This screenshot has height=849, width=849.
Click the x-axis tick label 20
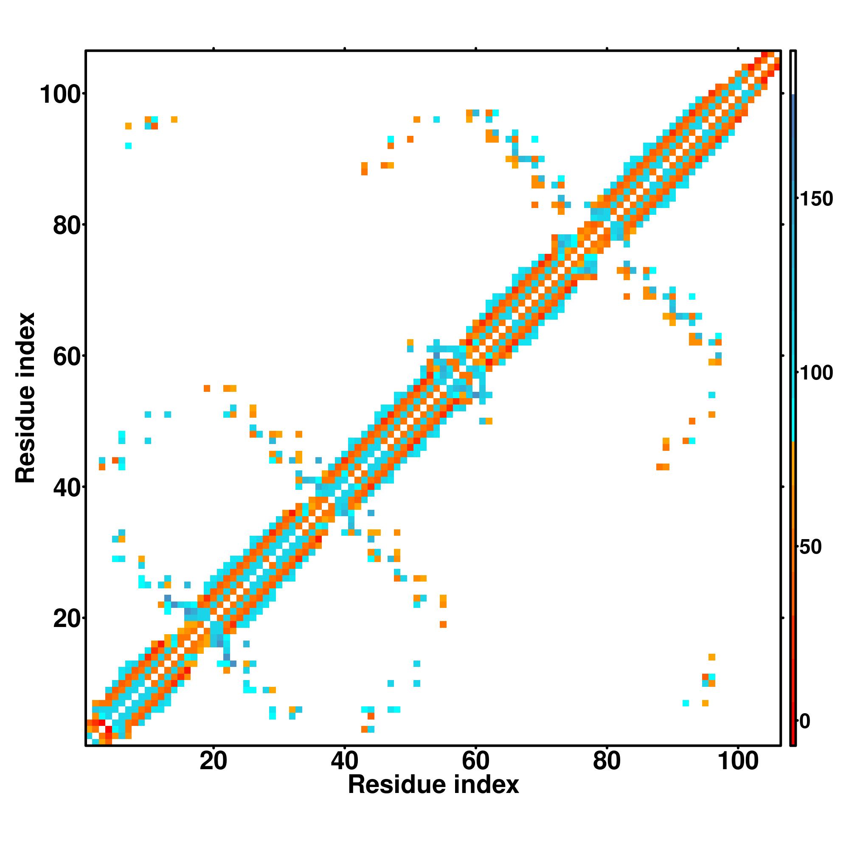pyautogui.click(x=213, y=761)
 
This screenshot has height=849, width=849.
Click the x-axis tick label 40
pyautogui.click(x=345, y=761)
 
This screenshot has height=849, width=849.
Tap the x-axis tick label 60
pyautogui.click(x=475, y=761)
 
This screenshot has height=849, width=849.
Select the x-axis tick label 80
pyautogui.click(x=607, y=761)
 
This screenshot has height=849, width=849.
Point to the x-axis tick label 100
pyautogui.click(x=738, y=761)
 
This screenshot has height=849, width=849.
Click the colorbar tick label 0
pyautogui.click(x=805, y=721)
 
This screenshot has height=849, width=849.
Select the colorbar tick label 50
pyautogui.click(x=811, y=547)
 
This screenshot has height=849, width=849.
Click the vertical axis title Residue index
pyautogui.click(x=25, y=398)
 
